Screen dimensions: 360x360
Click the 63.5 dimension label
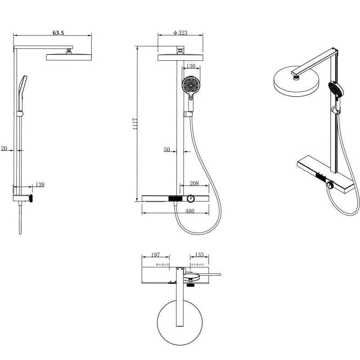tap(59, 32)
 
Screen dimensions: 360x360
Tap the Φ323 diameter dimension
tap(180, 32)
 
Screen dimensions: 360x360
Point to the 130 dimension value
tap(190, 66)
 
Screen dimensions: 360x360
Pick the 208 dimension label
tap(194, 183)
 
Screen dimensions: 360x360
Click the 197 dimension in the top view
tap(155, 255)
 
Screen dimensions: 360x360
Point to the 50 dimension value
tap(167, 149)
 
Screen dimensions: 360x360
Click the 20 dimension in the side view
tap(4, 148)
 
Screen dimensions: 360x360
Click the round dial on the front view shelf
tap(190, 198)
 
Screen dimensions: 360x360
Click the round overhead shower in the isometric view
tap(296, 81)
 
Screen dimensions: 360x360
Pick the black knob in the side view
tap(31, 198)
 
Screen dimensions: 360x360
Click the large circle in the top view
tap(179, 321)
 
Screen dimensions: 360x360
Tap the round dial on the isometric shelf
tap(330, 186)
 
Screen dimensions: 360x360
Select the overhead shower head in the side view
tap(68, 56)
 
